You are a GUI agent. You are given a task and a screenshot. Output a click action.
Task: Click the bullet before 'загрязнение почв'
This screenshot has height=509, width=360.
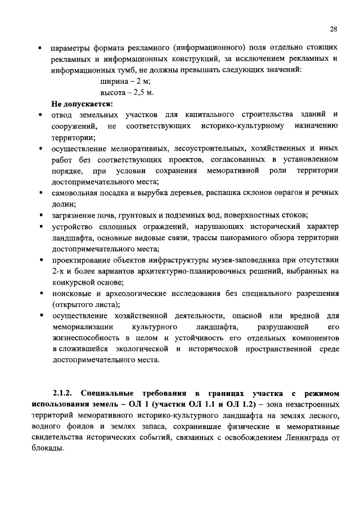(x=41, y=215)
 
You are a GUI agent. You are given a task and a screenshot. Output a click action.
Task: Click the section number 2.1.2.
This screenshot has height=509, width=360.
(x=64, y=393)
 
